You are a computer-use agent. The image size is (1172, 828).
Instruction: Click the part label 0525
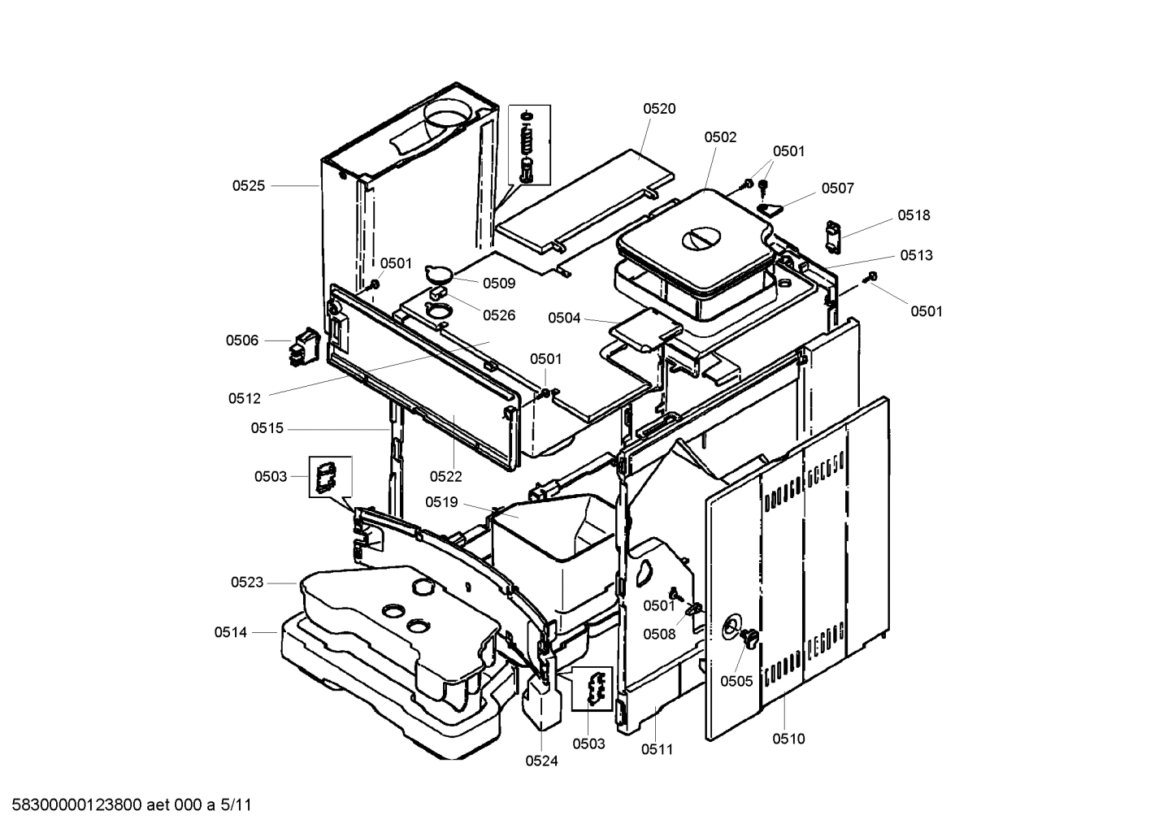click(x=248, y=185)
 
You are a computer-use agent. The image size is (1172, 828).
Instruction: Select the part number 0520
click(x=659, y=109)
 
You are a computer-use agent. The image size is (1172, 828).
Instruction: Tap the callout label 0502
click(x=720, y=137)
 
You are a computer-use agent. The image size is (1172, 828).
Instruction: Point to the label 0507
click(x=837, y=189)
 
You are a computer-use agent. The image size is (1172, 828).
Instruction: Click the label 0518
click(x=914, y=215)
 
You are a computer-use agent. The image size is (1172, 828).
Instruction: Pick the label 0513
click(x=916, y=255)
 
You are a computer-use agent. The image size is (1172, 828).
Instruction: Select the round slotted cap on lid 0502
click(x=701, y=238)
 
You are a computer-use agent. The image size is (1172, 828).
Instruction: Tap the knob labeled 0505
click(x=748, y=638)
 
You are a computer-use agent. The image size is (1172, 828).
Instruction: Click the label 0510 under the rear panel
click(x=788, y=739)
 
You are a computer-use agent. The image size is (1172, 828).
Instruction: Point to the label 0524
click(x=541, y=761)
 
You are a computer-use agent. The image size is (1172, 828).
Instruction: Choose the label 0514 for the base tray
click(x=231, y=631)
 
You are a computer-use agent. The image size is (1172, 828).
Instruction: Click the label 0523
click(x=247, y=582)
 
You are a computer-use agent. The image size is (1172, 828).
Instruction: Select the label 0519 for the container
click(x=441, y=502)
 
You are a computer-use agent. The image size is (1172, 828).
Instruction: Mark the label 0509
click(x=499, y=284)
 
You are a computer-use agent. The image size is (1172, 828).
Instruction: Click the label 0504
click(x=564, y=318)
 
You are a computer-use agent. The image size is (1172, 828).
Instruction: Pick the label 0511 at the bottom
click(x=657, y=749)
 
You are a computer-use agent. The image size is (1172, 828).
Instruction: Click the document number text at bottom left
click(x=127, y=805)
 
